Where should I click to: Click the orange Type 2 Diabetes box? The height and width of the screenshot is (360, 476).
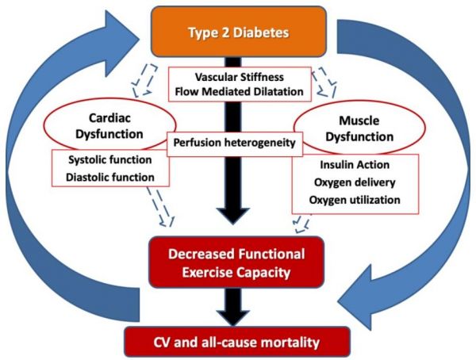[x=239, y=32]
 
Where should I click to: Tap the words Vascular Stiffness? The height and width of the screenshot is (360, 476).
[x=240, y=77]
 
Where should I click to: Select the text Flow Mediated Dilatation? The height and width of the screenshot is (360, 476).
[x=240, y=91]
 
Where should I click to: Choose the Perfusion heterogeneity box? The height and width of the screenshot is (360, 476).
[x=235, y=144]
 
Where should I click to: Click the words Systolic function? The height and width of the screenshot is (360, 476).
[x=110, y=159]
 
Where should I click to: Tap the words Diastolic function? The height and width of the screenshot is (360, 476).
[x=110, y=177]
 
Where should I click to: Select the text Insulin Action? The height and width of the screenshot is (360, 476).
[x=355, y=164]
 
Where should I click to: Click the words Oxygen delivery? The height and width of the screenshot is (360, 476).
[x=355, y=182]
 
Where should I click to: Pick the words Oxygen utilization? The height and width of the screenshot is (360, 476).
[x=355, y=200]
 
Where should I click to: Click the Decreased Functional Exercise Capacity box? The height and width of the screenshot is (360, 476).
[x=236, y=262]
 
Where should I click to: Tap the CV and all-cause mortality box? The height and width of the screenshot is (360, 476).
[x=237, y=342]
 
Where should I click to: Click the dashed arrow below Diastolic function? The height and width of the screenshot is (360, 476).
[x=160, y=206]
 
